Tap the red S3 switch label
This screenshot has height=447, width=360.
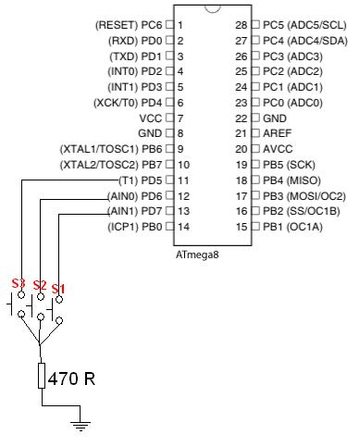pos(19,283)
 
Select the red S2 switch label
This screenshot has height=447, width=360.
pos(39,285)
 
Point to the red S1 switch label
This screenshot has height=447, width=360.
pos(58,290)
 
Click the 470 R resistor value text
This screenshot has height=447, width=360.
pos(71,379)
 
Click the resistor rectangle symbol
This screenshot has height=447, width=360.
pos(40,376)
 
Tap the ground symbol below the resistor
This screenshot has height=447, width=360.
pos(81,425)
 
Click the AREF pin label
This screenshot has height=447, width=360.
pos(279,133)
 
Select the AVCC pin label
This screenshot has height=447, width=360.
pos(279,149)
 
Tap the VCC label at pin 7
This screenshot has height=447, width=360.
pos(150,118)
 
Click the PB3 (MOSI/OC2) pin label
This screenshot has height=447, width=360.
pos(304,195)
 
